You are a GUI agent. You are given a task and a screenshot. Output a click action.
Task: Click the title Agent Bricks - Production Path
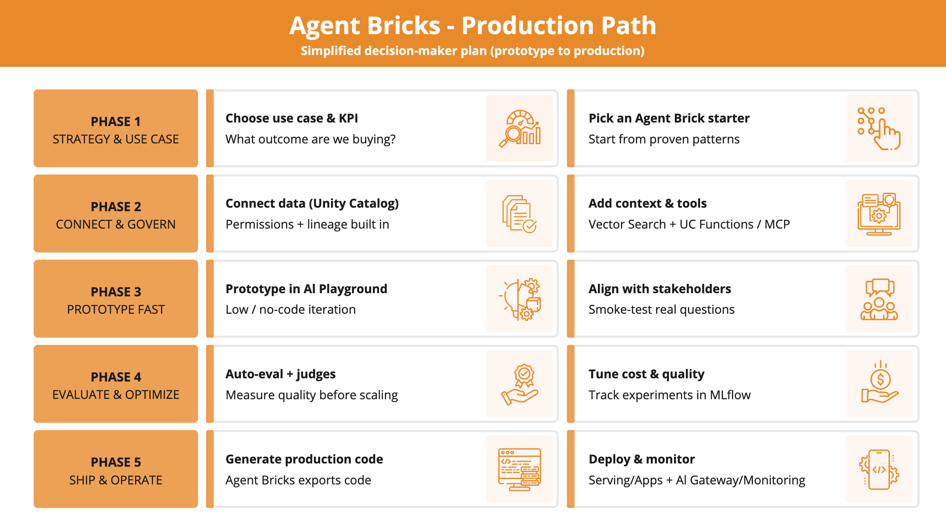(x=473, y=26)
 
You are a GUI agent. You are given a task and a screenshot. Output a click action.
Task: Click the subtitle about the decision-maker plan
(x=473, y=51)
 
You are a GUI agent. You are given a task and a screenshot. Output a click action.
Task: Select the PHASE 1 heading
(x=115, y=121)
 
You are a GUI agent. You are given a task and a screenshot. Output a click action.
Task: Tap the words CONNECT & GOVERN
(x=115, y=224)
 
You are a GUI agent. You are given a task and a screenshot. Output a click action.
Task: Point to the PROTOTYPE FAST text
(x=115, y=310)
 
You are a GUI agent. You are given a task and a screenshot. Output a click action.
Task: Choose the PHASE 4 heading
(x=115, y=377)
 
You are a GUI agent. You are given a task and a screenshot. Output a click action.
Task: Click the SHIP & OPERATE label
(x=115, y=480)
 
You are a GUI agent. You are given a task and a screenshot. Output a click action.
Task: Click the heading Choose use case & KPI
(x=291, y=118)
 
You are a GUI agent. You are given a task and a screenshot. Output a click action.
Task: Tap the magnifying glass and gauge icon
(x=520, y=128)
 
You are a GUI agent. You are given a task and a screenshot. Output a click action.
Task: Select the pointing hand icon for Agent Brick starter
(x=879, y=128)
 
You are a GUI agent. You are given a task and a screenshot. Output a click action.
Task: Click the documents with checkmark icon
(x=520, y=214)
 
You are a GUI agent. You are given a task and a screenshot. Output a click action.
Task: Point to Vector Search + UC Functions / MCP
(x=689, y=224)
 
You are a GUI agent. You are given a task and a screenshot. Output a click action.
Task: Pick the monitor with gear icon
(x=879, y=214)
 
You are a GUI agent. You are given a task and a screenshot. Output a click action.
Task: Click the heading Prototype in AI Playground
(x=306, y=289)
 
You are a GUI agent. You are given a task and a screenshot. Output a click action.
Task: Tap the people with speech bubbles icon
(x=879, y=299)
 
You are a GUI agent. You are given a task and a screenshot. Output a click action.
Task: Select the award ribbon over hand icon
(x=520, y=384)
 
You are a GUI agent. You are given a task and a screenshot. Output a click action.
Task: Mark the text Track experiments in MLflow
(x=669, y=395)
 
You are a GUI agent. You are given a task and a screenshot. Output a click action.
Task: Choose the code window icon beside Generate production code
(x=520, y=469)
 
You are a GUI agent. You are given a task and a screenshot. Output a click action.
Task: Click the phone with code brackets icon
(x=879, y=469)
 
